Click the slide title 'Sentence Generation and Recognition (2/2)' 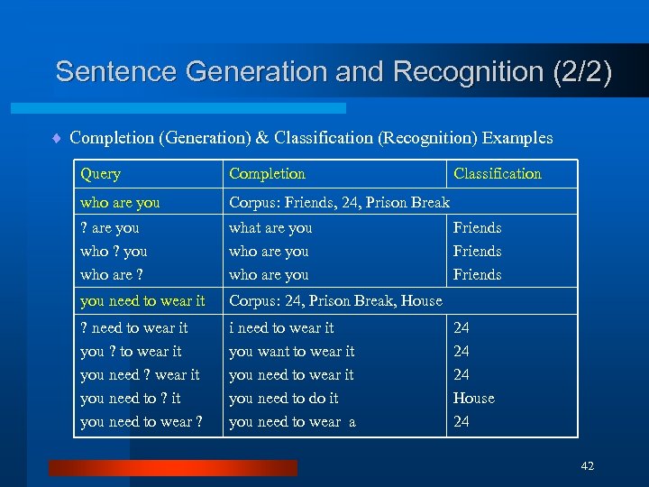(334, 72)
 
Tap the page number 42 (588, 466)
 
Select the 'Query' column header (100, 174)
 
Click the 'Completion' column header (267, 174)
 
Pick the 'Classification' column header (497, 174)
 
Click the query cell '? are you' (110, 228)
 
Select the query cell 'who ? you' (114, 252)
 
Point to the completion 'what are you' (270, 228)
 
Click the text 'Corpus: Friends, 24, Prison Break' (339, 203)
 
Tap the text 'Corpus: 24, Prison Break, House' (335, 301)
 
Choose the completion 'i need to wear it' (281, 328)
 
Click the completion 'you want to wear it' (291, 352)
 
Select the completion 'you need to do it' (284, 399)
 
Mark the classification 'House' (473, 399)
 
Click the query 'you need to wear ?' (142, 422)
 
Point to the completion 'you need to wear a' (292, 422)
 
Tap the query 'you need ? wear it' (140, 375)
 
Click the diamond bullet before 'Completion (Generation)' (56, 139)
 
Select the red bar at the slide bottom (173, 467)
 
